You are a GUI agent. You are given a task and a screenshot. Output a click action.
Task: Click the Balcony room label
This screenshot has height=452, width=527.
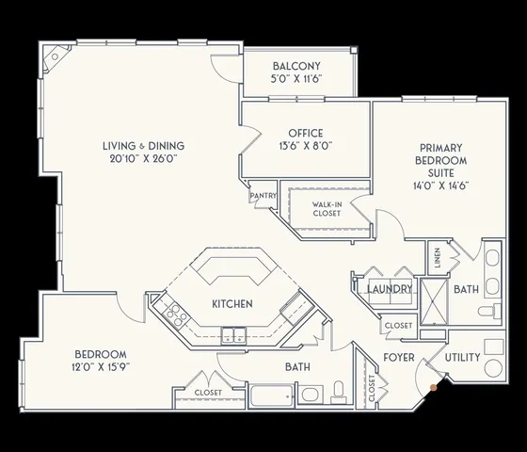297,66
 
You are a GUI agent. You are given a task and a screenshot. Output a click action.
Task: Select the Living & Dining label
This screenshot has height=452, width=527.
143,145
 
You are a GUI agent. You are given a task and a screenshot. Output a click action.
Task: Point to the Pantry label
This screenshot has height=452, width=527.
263,196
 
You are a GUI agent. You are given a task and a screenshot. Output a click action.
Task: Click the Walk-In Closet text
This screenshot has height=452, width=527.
327,208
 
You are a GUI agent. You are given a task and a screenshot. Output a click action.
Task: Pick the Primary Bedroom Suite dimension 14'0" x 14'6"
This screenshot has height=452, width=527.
444,186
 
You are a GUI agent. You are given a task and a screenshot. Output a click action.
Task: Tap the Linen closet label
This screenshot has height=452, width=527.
438,255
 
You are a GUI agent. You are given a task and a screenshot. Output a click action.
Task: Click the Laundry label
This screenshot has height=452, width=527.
390,289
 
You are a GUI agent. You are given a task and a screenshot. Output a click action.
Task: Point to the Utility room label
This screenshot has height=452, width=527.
462,358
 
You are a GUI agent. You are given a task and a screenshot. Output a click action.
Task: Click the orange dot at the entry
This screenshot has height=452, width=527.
433,385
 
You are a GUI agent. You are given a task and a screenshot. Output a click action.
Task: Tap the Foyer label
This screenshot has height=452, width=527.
399,358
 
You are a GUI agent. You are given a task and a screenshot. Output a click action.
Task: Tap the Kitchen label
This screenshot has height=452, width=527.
230,304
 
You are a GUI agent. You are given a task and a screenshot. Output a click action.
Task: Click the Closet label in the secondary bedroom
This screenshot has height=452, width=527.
208,392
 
